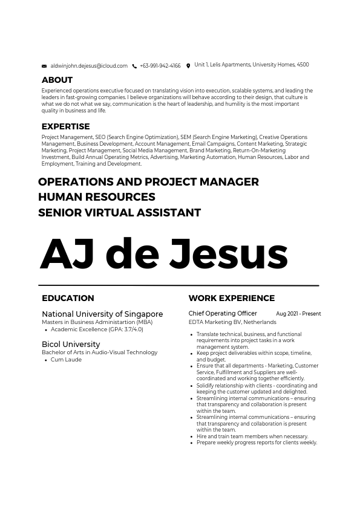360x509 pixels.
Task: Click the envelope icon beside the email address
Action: (44, 66)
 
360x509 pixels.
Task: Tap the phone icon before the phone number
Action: (134, 66)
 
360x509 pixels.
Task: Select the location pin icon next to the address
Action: (188, 66)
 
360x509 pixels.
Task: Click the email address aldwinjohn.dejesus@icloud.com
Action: (89, 66)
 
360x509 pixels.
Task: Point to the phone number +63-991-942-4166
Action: (160, 66)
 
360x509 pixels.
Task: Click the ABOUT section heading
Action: (57, 80)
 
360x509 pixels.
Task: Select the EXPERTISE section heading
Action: (65, 126)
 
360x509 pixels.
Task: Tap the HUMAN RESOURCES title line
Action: (97, 197)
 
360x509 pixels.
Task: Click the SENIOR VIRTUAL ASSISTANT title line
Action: (119, 213)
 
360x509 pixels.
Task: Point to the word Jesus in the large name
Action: (228, 254)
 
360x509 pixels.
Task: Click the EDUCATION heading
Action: (68, 298)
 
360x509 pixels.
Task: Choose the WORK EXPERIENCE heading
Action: (231, 298)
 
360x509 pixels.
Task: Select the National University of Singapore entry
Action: (102, 314)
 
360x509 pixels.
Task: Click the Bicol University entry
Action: (71, 344)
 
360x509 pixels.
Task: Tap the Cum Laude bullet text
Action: (66, 360)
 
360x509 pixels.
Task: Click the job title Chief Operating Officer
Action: (223, 314)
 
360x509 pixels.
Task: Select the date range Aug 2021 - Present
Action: (298, 314)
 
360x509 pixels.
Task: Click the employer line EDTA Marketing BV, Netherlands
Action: (232, 322)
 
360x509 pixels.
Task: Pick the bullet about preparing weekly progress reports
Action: (257, 443)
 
